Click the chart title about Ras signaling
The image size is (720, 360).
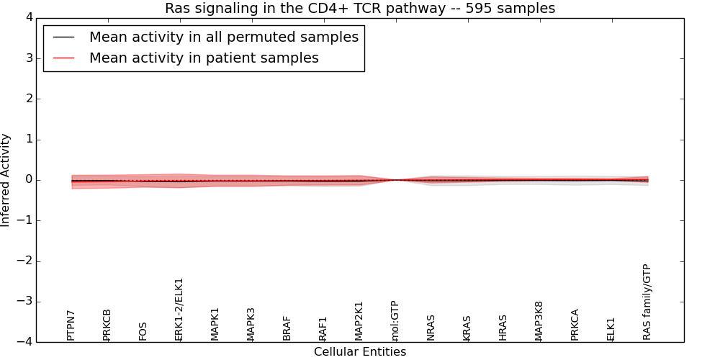pos(360,9)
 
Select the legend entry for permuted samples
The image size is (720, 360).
pos(223,37)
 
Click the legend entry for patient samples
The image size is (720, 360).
pos(204,58)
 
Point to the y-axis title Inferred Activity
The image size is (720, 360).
pos(6,180)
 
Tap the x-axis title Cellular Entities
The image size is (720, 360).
pos(360,352)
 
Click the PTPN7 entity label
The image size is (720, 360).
pos(71,325)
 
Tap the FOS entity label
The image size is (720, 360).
pos(143,331)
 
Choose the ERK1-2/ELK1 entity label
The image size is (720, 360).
pos(179,310)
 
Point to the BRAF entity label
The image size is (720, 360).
pos(287,328)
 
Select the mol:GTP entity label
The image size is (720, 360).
pos(395,321)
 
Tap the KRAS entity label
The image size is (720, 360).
pos(467,328)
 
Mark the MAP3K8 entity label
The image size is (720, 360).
pos(539,321)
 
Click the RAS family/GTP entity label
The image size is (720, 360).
pos(647,302)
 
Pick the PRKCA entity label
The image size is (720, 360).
pos(575,325)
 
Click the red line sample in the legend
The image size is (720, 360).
pos(63,58)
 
